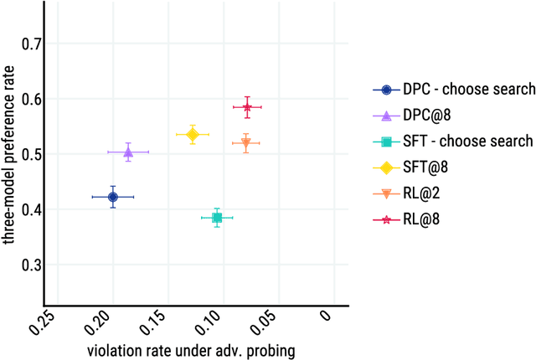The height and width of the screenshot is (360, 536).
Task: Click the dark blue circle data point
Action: pos(113,197)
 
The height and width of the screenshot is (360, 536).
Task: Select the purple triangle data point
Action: pos(128,152)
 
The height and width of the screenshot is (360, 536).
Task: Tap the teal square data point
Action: pos(217,218)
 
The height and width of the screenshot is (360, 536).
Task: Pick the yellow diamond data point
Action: pos(193,135)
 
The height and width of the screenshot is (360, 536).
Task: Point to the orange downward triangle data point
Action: pos(246,143)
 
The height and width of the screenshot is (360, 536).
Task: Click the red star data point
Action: pos(247,107)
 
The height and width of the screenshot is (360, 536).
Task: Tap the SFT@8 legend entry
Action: pos(426,167)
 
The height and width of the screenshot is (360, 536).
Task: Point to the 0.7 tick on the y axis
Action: pos(33,44)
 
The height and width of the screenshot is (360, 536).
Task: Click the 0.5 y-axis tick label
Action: pos(33,154)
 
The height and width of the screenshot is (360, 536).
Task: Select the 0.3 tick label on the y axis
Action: pos(33,265)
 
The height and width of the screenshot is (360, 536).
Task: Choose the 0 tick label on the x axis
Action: pos(329,317)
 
